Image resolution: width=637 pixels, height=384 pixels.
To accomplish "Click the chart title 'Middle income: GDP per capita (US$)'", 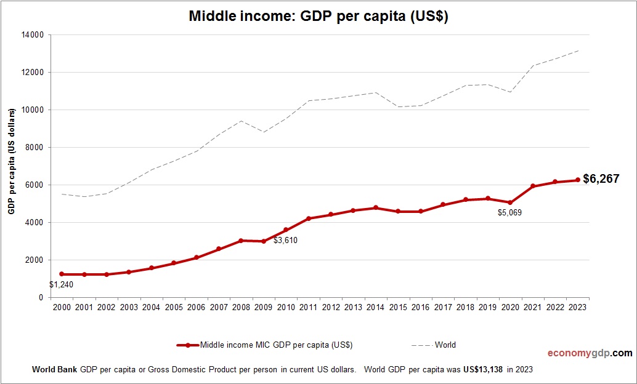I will (x=318, y=17).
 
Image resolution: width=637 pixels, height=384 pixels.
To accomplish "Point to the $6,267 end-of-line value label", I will (x=601, y=179).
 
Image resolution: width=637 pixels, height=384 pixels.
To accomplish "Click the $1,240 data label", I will (x=61, y=285).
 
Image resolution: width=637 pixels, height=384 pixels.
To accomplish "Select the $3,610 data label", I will (x=285, y=241).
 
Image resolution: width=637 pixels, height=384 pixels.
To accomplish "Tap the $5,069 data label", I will (x=509, y=213).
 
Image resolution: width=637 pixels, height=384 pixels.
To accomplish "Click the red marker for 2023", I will (x=578, y=180).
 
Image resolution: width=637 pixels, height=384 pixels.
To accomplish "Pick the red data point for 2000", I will (x=62, y=274).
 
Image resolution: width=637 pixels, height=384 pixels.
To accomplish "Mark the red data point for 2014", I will (x=376, y=208).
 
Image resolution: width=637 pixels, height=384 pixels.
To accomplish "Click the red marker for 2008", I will (x=241, y=241).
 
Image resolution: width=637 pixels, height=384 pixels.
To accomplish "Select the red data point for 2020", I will (x=510, y=202).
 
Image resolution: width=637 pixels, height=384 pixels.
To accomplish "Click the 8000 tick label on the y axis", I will (x=34, y=148).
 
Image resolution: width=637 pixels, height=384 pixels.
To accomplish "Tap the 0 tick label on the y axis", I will (x=41, y=298).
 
